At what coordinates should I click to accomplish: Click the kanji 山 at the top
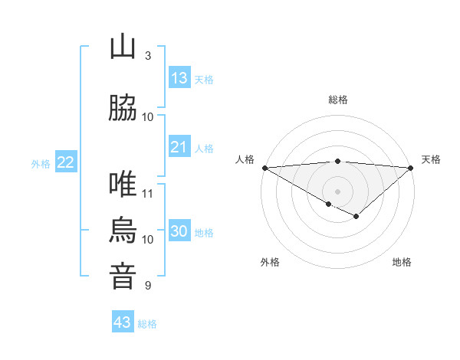[123, 48]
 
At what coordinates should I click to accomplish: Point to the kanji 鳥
[123, 230]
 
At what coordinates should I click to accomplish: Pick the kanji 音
[123, 276]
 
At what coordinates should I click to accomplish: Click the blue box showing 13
[179, 78]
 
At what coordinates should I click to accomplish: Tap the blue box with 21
[179, 147]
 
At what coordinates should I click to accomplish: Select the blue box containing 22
[65, 162]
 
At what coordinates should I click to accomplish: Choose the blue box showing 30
[179, 231]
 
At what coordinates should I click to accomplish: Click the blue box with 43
[123, 322]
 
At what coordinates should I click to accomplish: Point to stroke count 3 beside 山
[147, 56]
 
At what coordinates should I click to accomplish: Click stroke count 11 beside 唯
[148, 193]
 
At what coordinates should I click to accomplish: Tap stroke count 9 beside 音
[147, 286]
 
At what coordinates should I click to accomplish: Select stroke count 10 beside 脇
[148, 116]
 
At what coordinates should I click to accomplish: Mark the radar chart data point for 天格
[411, 168]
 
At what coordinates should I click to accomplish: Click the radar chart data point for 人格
[264, 168]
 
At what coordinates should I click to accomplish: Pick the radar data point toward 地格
[356, 217]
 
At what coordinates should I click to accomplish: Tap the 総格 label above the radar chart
[337, 100]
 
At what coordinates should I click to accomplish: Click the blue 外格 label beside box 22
[41, 163]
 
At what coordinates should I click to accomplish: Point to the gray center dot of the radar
[337, 191]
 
